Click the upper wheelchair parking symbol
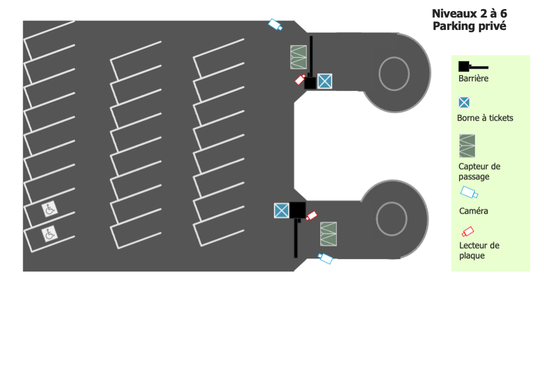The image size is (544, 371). click(x=50, y=209)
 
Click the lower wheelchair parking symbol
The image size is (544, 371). click(x=50, y=234)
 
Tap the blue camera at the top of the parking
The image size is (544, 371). click(x=275, y=24)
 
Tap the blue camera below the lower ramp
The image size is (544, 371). click(x=325, y=258)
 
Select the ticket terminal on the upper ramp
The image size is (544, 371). click(x=325, y=81)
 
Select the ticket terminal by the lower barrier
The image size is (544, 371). click(x=282, y=210)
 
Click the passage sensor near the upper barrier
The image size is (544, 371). click(x=299, y=57)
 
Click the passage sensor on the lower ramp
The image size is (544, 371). click(x=328, y=234)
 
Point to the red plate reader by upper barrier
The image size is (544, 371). click(x=300, y=80)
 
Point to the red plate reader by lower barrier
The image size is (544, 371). click(x=311, y=216)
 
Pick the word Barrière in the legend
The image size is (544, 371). click(x=473, y=79)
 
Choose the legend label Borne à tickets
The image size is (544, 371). click(x=485, y=118)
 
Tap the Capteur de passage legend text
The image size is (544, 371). click(x=479, y=171)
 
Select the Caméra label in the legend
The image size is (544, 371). click(x=474, y=211)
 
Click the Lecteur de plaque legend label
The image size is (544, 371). click(x=479, y=251)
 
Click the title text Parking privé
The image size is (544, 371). click(x=469, y=26)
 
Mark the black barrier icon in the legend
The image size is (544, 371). click(x=473, y=67)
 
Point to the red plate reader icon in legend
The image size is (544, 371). click(x=467, y=231)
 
